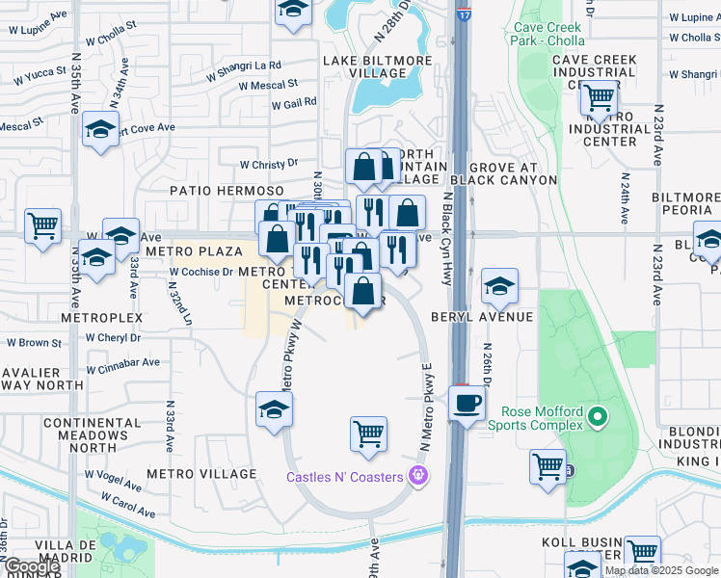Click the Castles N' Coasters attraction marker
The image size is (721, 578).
416,476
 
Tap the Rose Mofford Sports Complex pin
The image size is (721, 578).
598,417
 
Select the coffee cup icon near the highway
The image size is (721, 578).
467,403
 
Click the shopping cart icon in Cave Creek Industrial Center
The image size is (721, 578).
600,96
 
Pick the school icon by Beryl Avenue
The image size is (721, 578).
499,285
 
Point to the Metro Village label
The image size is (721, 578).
201,474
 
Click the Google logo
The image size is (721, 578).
31,566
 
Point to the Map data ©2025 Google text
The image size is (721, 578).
662,570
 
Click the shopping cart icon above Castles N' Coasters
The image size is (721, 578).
368,434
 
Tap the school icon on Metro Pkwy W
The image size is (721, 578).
274,409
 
